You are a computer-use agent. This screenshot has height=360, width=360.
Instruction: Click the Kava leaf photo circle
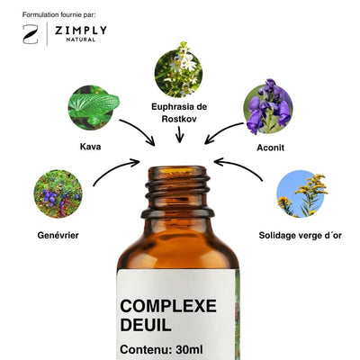click(92, 107)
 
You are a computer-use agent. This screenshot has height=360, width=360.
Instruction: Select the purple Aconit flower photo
click(268, 107)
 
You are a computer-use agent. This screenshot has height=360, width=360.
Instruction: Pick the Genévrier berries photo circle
click(58, 193)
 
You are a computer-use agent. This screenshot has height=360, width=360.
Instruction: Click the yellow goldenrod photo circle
click(301, 194)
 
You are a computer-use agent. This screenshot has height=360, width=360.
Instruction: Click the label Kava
click(90, 147)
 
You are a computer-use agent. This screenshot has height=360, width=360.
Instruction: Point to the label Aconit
click(270, 148)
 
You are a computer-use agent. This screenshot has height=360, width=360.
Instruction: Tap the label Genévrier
click(58, 235)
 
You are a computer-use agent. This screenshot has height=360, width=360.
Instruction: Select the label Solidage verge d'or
click(301, 236)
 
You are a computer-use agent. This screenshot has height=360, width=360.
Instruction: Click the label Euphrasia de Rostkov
click(179, 112)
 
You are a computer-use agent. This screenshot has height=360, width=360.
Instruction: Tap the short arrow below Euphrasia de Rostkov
click(179, 134)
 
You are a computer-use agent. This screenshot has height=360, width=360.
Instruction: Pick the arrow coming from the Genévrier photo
click(114, 168)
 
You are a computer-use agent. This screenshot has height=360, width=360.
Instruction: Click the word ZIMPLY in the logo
click(80, 31)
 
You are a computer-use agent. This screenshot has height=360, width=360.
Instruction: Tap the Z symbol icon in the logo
click(31, 34)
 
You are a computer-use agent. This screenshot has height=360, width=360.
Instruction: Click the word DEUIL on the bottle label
click(146, 325)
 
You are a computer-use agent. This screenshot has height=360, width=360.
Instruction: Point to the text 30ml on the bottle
click(189, 349)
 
